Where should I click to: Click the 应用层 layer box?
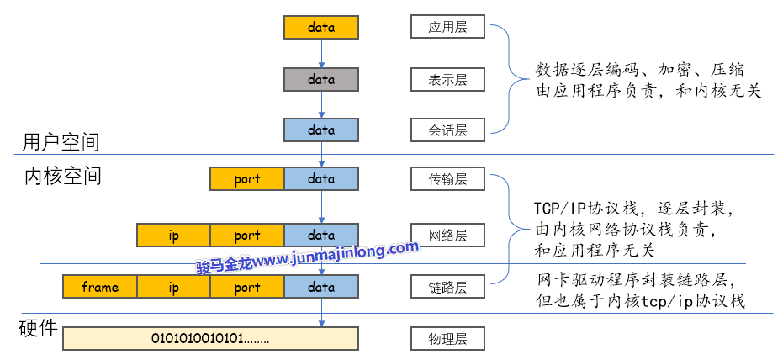pos(447,27)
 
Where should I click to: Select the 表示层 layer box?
pos(447,80)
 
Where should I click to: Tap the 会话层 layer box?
pos(447,130)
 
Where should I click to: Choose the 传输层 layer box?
pos(447,178)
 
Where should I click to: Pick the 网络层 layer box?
pos(447,235)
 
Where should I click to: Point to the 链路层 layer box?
pos(447,287)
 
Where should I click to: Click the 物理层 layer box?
pos(447,339)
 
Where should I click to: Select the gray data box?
pos(321,80)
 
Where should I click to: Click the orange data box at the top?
pos(321,28)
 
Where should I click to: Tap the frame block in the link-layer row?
pos(100,288)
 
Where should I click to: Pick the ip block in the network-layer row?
pos(173,236)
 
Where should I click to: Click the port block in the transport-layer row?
pos(247,179)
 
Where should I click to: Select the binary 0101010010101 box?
pos(210,339)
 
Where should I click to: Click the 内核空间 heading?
pos(62,177)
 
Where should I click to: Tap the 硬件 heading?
pos(38,328)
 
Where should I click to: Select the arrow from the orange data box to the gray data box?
pos(321,53)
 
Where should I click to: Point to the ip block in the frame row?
pos(173,288)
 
